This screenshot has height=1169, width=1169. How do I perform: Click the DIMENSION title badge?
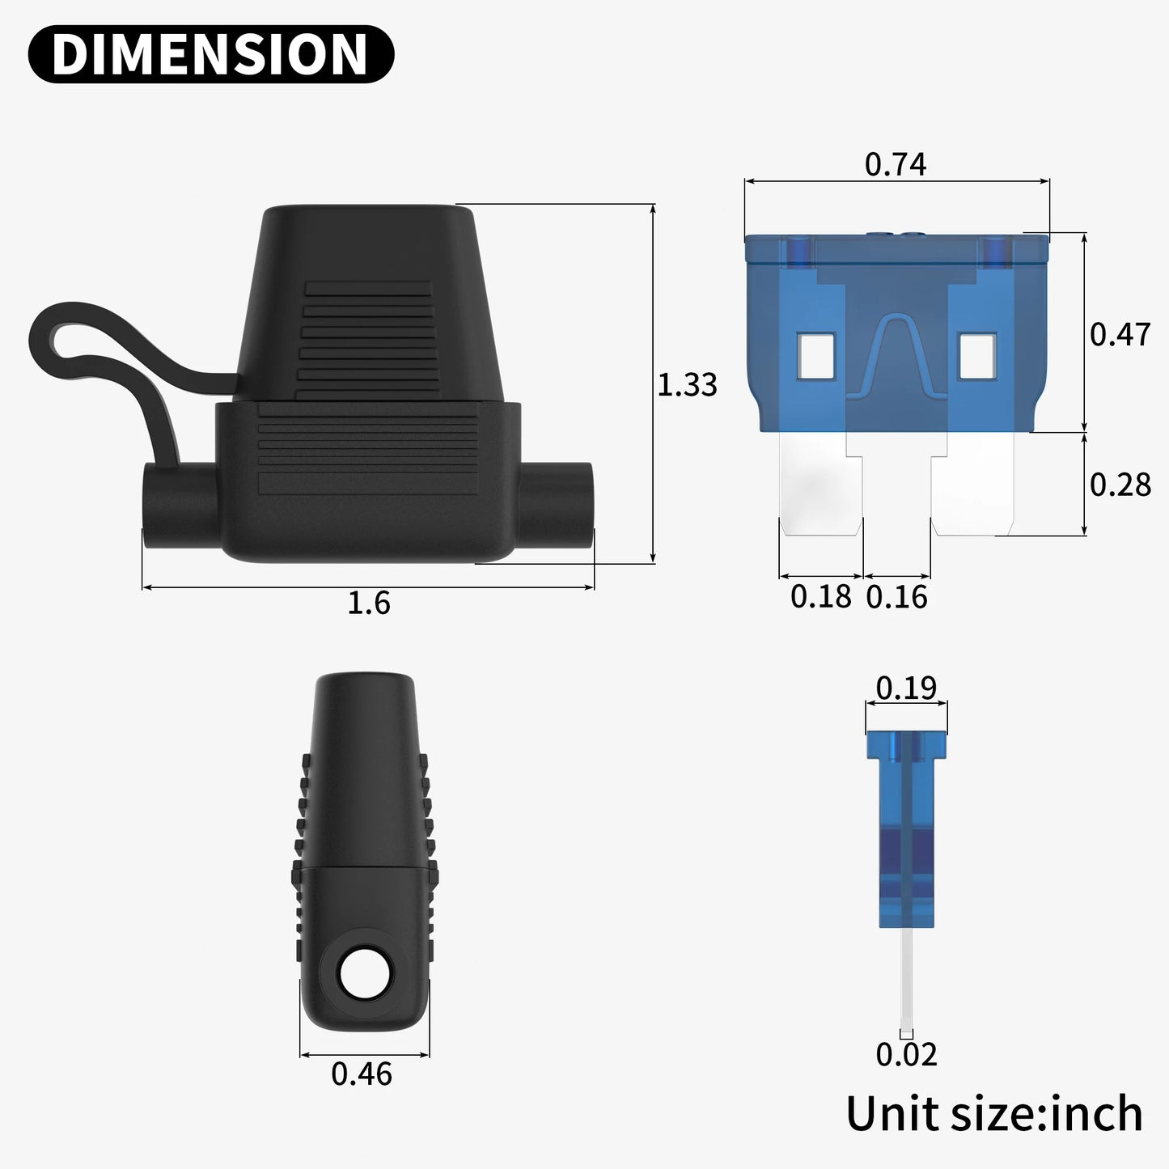click(210, 54)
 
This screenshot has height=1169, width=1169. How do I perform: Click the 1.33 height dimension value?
click(686, 384)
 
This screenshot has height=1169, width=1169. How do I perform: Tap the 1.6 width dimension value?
click(368, 604)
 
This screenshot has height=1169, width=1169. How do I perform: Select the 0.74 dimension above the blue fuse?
click(895, 164)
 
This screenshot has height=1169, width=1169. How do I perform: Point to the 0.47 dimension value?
click(1120, 334)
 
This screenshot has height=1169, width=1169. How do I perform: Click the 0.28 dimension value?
click(1120, 485)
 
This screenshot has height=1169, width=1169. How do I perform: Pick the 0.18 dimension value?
click(820, 597)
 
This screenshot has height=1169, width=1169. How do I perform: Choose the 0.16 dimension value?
click(896, 597)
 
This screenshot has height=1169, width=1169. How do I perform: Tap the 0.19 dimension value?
click(906, 688)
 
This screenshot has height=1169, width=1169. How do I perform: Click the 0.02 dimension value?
click(906, 1054)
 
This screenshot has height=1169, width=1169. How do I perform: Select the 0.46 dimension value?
click(362, 1074)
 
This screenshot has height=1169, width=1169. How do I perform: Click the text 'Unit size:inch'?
click(993, 1114)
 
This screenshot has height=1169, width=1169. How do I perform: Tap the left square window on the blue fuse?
click(815, 356)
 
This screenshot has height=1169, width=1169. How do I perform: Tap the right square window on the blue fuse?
click(976, 356)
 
